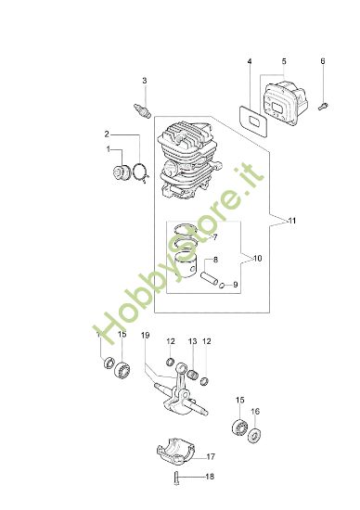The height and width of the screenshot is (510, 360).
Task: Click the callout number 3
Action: click(144, 81)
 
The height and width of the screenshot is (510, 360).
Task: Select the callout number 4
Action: click(250, 62)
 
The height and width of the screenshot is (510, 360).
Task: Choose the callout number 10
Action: click(257, 258)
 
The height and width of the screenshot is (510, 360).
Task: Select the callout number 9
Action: click(236, 286)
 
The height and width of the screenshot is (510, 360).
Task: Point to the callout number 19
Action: click(145, 335)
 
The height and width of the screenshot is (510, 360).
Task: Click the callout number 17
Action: click(212, 457)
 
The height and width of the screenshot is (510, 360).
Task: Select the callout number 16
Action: click(256, 412)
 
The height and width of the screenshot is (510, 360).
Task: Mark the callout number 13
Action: click(193, 342)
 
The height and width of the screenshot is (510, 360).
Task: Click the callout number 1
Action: click(109, 149)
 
